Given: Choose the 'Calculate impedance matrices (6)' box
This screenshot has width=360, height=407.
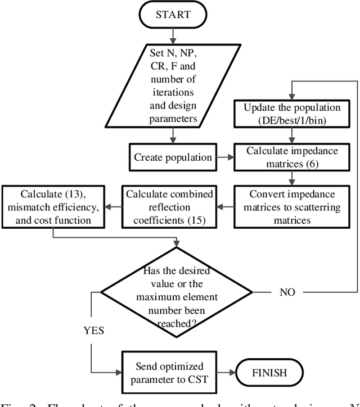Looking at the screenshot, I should (x=291, y=157).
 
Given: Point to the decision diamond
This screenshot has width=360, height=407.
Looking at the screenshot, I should (x=178, y=292).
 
